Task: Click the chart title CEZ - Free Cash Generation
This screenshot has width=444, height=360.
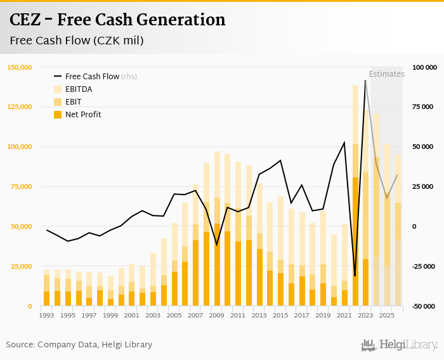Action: coord(117,20)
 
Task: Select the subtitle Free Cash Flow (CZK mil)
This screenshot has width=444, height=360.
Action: coord(77,41)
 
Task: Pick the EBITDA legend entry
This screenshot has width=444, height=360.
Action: coord(78,89)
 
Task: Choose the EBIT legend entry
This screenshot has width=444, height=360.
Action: coord(73,102)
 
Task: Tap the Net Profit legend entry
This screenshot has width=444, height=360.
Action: coord(82,115)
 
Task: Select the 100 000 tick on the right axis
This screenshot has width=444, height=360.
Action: coord(424,67)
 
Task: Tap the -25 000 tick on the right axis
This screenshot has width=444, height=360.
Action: coord(424,267)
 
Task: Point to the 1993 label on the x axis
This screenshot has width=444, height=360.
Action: coord(46,315)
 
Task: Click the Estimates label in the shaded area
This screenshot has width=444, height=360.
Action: coord(386,74)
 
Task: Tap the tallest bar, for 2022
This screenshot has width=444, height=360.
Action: coord(355,196)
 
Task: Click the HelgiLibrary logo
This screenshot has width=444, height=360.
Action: coord(399,345)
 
